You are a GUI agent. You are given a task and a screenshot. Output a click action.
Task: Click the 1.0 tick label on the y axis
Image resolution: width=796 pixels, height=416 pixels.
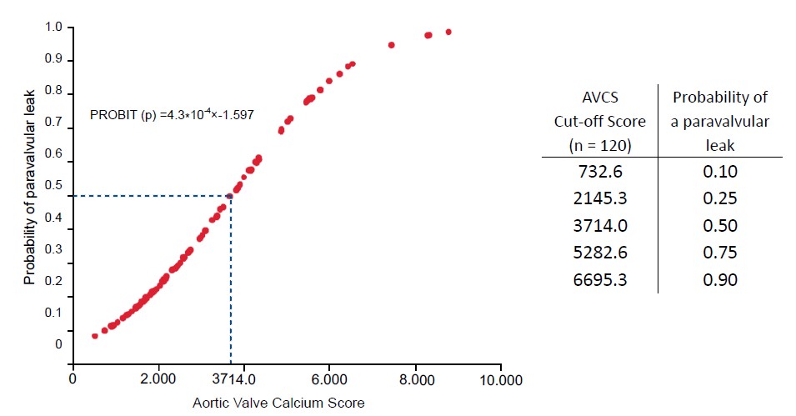coord(53,28)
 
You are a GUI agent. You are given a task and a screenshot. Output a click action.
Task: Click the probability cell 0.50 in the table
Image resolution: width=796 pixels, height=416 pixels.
coord(720,226)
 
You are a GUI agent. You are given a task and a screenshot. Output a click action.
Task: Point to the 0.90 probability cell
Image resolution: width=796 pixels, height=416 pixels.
coord(720,279)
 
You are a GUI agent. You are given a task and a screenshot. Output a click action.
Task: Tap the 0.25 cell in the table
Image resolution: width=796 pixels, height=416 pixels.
coord(720,199)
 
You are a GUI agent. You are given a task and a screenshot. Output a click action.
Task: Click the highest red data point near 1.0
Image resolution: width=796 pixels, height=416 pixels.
coord(448,33)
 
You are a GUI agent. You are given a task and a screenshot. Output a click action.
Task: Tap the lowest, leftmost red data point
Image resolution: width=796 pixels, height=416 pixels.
coord(95,336)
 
